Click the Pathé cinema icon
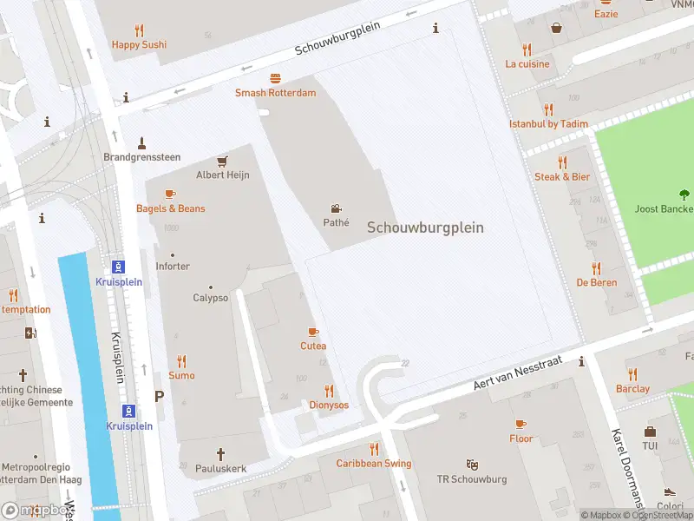pos(336,208)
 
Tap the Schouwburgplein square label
pos(425,228)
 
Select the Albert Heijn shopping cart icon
pos(222,161)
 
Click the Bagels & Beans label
pos(171,208)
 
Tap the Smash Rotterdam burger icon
pos(275,78)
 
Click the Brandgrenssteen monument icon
pos(141,142)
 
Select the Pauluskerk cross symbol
pos(220,453)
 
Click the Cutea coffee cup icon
pos(313,332)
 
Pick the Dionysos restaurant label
pos(329,405)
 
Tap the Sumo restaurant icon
pos(181,361)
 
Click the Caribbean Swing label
pos(374,464)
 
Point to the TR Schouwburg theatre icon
pos(472,465)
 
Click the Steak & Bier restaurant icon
pos(562,162)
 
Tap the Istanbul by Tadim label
pos(548,124)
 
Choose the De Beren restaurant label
pos(596,283)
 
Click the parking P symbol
pos(159,396)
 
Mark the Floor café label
pos(520,439)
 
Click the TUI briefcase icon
pos(650,432)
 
